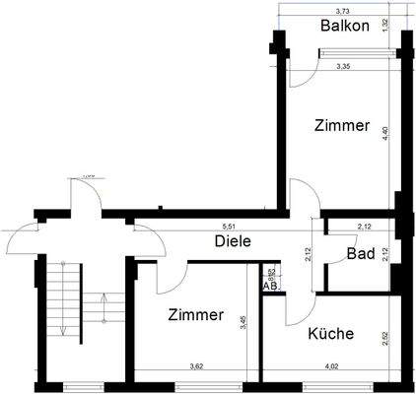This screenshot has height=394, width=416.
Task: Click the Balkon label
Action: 345,26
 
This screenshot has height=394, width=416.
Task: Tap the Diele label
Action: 233,241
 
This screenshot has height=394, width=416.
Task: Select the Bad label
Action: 358,255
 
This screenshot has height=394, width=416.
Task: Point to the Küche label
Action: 330,334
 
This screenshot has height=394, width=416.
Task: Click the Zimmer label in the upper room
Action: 342,126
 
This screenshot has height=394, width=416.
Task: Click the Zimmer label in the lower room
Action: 195,316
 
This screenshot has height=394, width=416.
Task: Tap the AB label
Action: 270,286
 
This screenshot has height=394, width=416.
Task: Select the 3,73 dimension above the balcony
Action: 342,9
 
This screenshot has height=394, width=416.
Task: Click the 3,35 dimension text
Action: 344,67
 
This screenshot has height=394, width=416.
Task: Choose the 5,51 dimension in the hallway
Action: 229,227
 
